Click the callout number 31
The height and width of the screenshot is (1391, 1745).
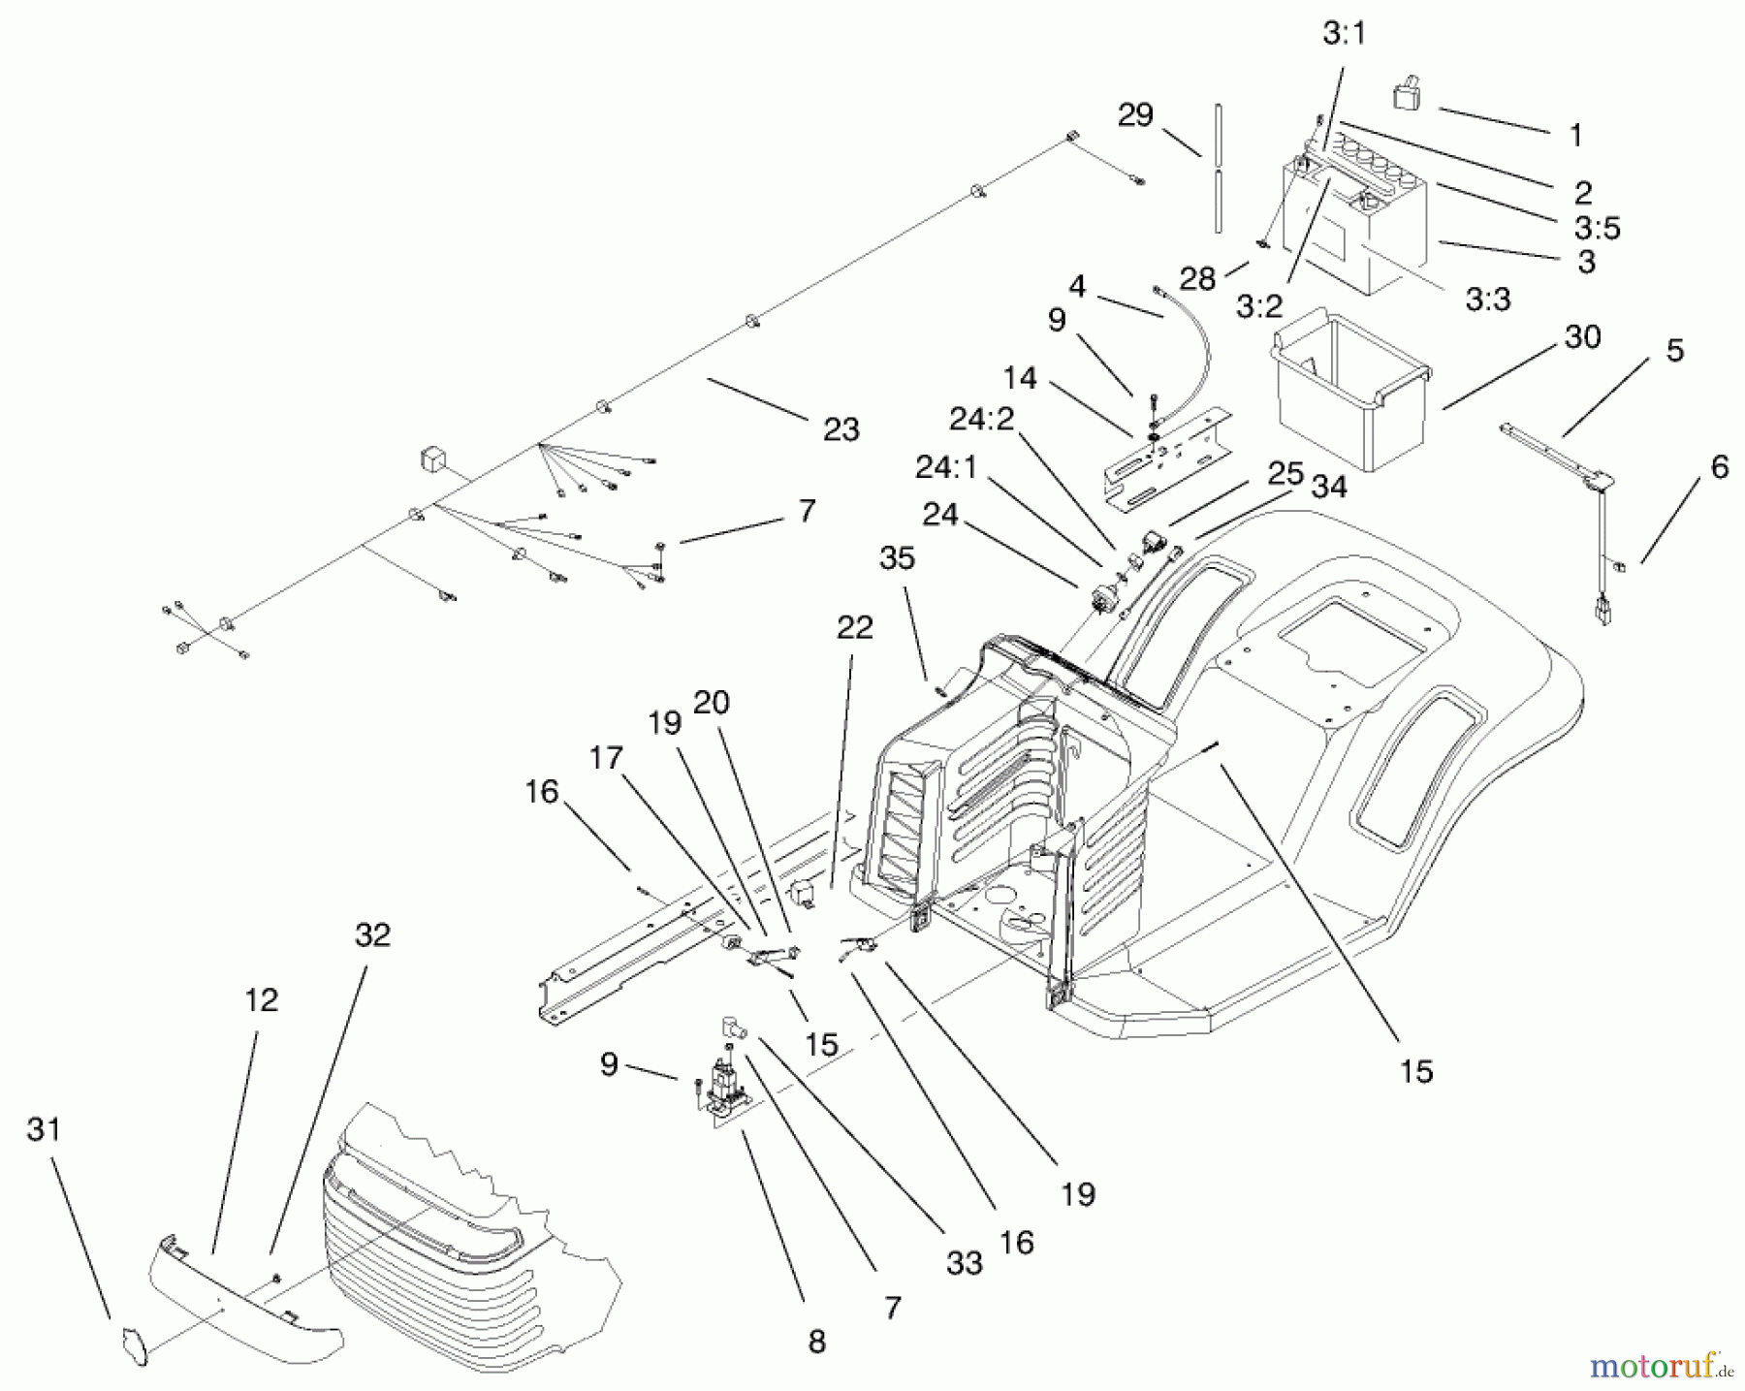[x=44, y=1130]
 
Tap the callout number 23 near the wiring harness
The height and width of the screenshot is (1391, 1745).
[x=841, y=429]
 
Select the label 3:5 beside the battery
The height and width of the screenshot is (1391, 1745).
[x=1597, y=228]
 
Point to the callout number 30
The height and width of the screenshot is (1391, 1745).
[x=1582, y=337]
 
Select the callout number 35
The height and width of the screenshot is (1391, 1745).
[x=897, y=558]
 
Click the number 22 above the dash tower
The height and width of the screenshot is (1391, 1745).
[x=854, y=627]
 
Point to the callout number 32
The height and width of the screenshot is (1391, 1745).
[x=372, y=935]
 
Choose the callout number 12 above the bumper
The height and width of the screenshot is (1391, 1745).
[x=261, y=999]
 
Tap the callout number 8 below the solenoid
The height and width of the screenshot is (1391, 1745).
[x=816, y=1342]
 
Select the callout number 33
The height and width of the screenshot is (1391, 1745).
[x=965, y=1262]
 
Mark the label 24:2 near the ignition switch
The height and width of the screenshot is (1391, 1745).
[x=980, y=420]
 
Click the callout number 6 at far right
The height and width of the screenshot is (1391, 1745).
[x=1719, y=467]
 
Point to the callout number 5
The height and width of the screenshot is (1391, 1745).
[x=1675, y=351]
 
